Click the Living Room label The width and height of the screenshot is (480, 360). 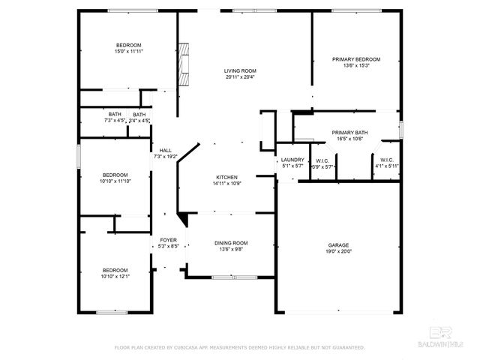(239, 70)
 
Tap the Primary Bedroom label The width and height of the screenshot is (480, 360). (356, 59)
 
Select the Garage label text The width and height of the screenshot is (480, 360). (338, 245)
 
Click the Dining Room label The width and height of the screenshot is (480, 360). (231, 243)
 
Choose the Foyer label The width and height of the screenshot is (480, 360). (168, 240)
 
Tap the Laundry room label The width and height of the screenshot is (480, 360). (292, 159)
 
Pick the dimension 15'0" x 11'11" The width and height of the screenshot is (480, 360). (128, 52)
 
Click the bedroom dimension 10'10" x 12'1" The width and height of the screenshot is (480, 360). (116, 276)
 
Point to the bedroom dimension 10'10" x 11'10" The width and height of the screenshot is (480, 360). (116, 180)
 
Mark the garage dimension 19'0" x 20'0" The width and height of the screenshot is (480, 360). (338, 252)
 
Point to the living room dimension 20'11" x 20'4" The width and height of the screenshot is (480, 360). (239, 77)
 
